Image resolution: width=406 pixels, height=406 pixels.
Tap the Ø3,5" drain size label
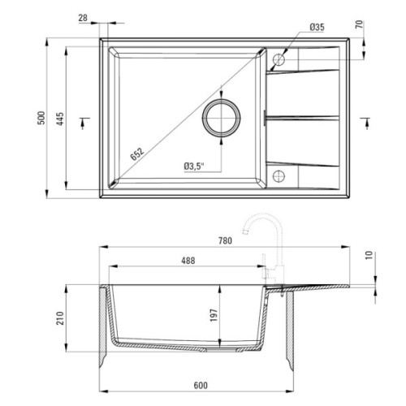pyautogui.click(x=193, y=166)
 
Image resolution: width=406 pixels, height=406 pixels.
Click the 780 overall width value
pyautogui.click(x=226, y=240)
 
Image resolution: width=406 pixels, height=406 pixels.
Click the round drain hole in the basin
pyautogui.click(x=222, y=119)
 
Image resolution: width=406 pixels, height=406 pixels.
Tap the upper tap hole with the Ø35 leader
pyautogui.click(x=279, y=58)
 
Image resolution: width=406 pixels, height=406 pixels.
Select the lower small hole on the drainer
pyautogui.click(x=279, y=175)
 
